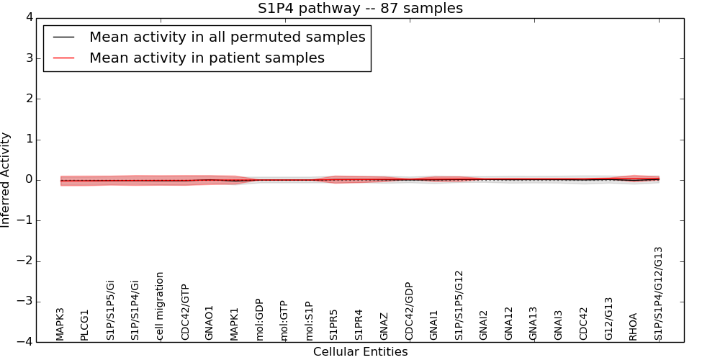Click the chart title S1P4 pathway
(360, 9)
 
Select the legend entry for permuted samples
(227, 37)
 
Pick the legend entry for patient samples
(207, 58)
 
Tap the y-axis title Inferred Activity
(6, 180)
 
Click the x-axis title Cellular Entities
(360, 352)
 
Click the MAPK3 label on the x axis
(60, 324)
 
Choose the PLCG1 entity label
(85, 325)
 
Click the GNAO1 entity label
(210, 323)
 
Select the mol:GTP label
(284, 320)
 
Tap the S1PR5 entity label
(333, 325)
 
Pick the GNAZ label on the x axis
(384, 326)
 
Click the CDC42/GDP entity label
(408, 311)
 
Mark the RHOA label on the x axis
(633, 326)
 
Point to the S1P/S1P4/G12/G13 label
(658, 293)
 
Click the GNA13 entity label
(533, 323)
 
